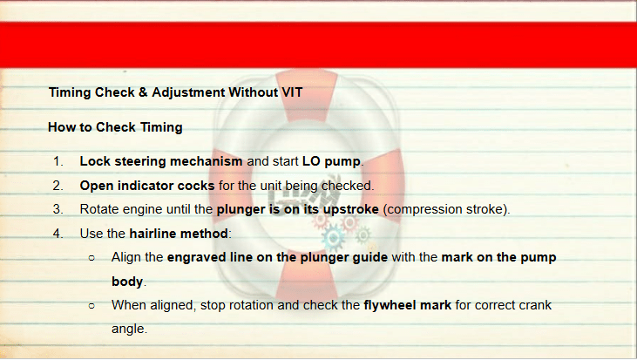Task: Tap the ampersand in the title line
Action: (143, 92)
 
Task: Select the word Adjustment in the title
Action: (188, 93)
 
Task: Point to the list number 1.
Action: (58, 161)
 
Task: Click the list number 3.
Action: (58, 209)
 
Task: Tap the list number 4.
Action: (58, 234)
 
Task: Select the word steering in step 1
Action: (140, 162)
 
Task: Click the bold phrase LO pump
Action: (331, 162)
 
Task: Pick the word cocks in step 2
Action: (196, 186)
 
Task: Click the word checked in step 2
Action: (347, 186)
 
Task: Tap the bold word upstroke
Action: (350, 210)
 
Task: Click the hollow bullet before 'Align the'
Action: (91, 258)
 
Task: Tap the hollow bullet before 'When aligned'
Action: (91, 306)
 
